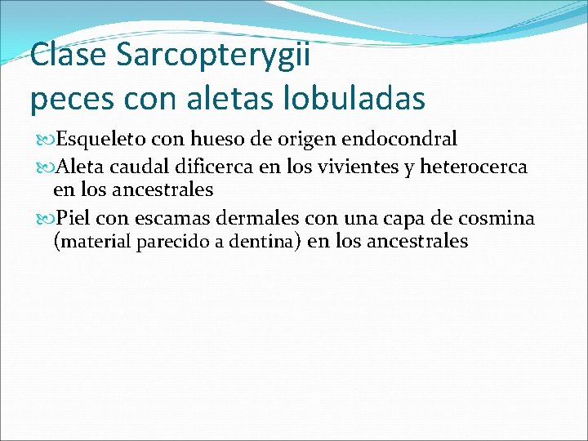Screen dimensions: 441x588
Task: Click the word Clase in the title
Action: coord(69,56)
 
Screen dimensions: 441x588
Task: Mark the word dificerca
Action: coord(215,168)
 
